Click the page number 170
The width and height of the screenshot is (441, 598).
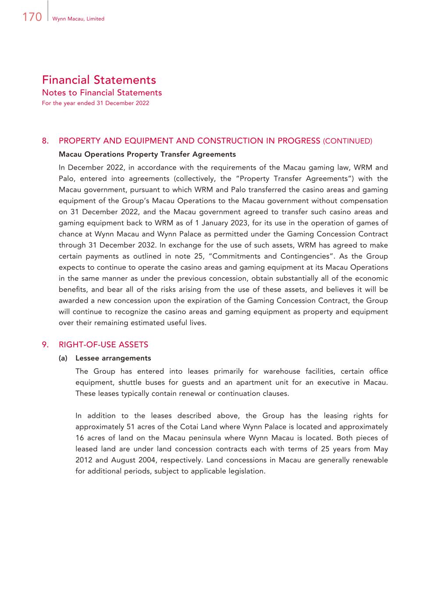point(32,17)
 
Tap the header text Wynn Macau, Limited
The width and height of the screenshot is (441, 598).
point(78,19)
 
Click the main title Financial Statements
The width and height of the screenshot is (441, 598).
point(99,80)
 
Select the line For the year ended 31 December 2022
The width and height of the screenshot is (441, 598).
point(95,103)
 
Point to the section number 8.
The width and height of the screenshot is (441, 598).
point(45,141)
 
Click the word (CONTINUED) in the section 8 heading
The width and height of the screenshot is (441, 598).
point(347,141)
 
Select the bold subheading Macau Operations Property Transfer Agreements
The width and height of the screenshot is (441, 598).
point(147,154)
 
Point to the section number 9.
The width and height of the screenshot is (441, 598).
point(45,345)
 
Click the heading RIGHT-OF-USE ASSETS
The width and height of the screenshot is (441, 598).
point(103,345)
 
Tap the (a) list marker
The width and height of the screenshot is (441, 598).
point(63,358)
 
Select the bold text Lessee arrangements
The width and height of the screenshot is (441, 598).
point(113,358)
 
